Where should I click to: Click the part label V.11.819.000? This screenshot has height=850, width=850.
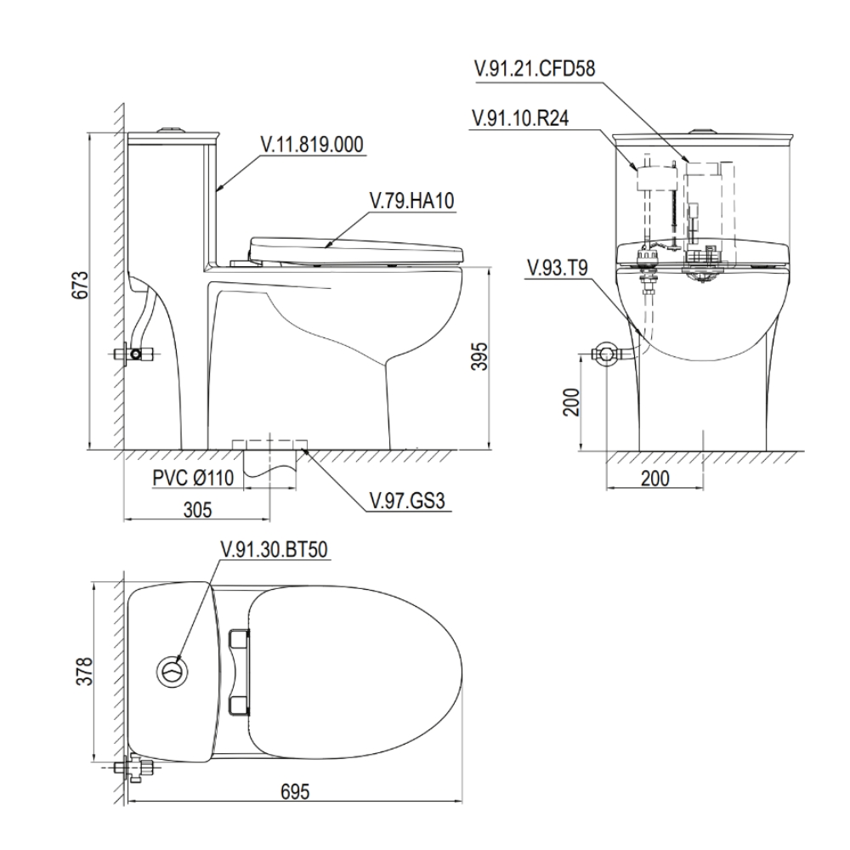[x=312, y=145]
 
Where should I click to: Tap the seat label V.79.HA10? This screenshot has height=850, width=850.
[x=411, y=201]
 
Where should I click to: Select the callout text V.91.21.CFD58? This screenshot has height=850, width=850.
[x=535, y=69]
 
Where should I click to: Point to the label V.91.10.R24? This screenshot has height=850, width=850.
[x=521, y=118]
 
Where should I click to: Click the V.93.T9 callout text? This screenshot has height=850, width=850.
[x=558, y=268]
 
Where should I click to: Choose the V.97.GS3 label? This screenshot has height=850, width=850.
[x=407, y=501]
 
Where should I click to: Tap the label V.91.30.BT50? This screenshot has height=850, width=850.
[x=275, y=550]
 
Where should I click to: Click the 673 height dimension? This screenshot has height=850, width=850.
[x=80, y=284]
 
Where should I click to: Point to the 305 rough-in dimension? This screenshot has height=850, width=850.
[x=197, y=510]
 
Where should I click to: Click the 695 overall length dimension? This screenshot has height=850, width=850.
[x=296, y=792]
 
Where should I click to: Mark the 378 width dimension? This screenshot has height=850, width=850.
[x=84, y=671]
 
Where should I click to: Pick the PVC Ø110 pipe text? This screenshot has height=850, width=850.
[x=193, y=478]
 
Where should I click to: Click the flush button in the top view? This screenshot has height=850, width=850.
[x=173, y=671]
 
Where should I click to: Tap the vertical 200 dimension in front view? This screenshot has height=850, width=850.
[x=571, y=402]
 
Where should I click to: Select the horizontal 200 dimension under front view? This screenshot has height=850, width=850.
[x=654, y=479]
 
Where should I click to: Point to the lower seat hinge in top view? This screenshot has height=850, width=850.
[x=241, y=704]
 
